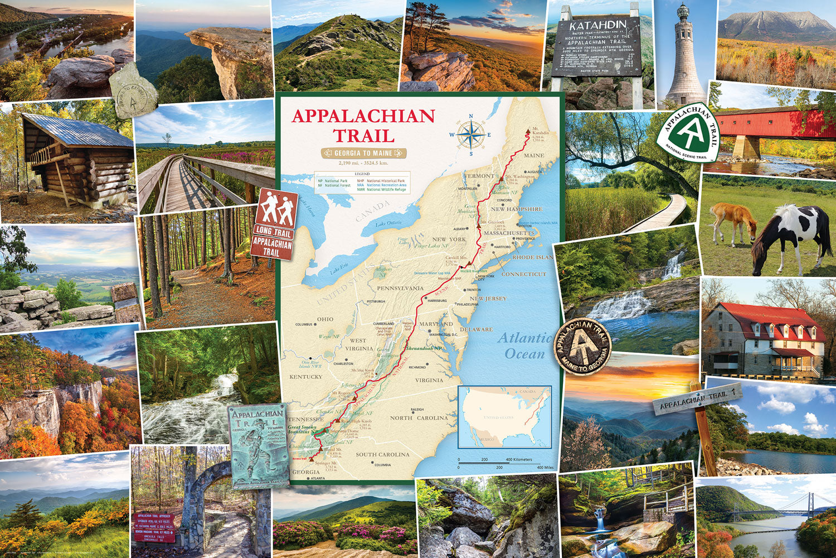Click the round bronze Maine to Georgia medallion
tap(582, 346)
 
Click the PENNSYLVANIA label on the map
tap(400, 288)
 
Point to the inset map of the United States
tap(504, 416)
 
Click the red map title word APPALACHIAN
tap(363, 116)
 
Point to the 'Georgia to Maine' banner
tap(363, 153)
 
